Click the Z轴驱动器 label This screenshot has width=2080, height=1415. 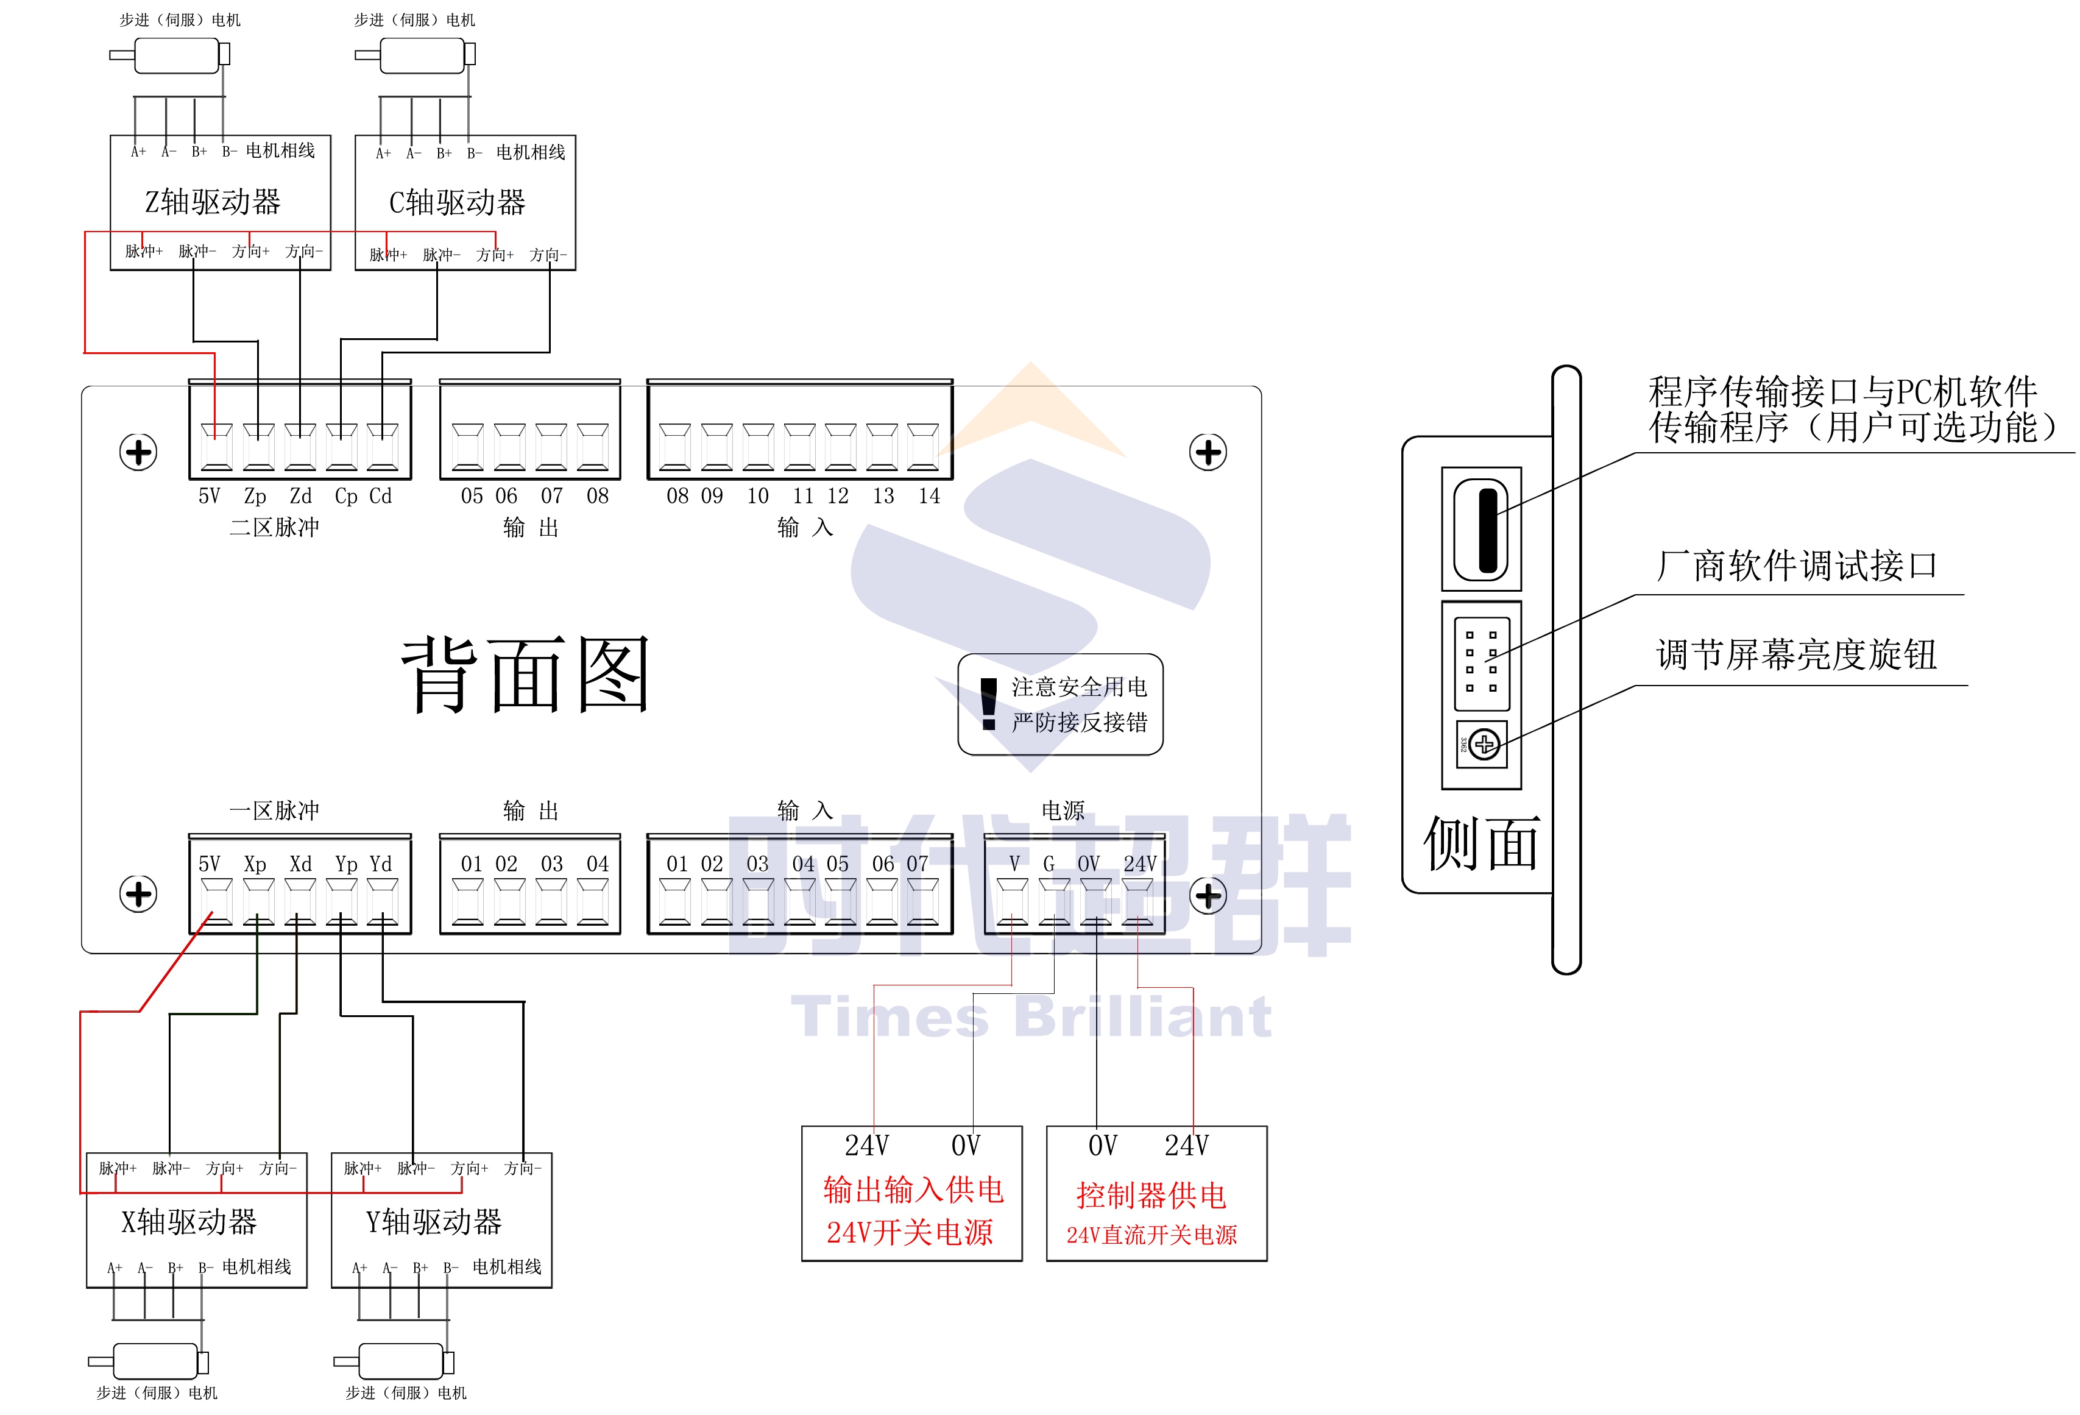tap(213, 202)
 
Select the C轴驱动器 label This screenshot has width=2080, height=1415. tap(458, 203)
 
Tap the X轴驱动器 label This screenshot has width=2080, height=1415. tap(189, 1222)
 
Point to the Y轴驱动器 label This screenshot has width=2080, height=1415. tap(434, 1222)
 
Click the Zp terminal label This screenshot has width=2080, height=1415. tap(255, 496)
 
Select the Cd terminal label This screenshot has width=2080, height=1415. tap(380, 496)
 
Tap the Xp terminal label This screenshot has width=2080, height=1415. tap(255, 864)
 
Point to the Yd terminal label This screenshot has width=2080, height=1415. tap(380, 864)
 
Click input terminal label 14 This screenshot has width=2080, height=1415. tap(929, 496)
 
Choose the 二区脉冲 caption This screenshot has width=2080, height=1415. tap(274, 527)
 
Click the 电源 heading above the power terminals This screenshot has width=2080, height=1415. tap(1063, 811)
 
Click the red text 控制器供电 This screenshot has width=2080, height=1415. tap(1151, 1195)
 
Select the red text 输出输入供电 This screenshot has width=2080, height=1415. tap(913, 1190)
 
